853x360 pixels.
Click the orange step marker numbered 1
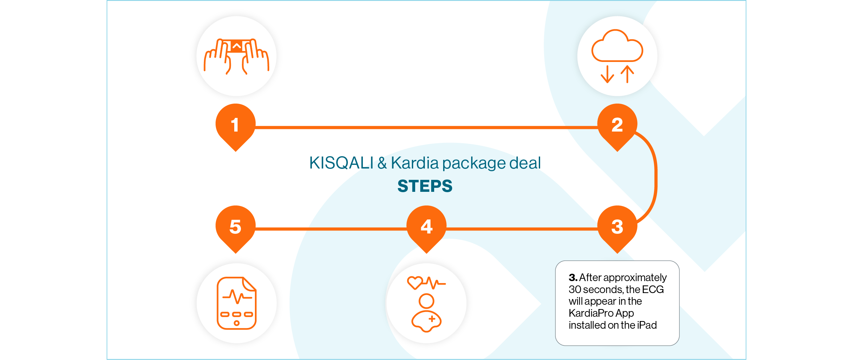coord(236,125)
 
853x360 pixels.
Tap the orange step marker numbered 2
coord(617,125)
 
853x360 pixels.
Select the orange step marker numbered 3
coord(617,227)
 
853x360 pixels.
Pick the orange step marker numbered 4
coord(426,227)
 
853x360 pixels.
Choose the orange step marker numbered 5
coord(236,227)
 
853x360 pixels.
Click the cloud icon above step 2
coord(617,47)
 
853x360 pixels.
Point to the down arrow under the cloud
coord(607,74)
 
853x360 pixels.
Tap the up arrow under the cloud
coord(627,74)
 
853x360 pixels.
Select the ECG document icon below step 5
coord(237,303)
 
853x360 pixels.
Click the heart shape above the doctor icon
coord(415,282)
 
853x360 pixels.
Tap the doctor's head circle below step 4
coord(426,301)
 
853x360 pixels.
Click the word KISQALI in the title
coord(341,163)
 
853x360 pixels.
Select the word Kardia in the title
coord(415,163)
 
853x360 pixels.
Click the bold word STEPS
coord(425,186)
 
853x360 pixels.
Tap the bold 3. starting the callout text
coord(573,277)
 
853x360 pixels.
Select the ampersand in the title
coord(382,163)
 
